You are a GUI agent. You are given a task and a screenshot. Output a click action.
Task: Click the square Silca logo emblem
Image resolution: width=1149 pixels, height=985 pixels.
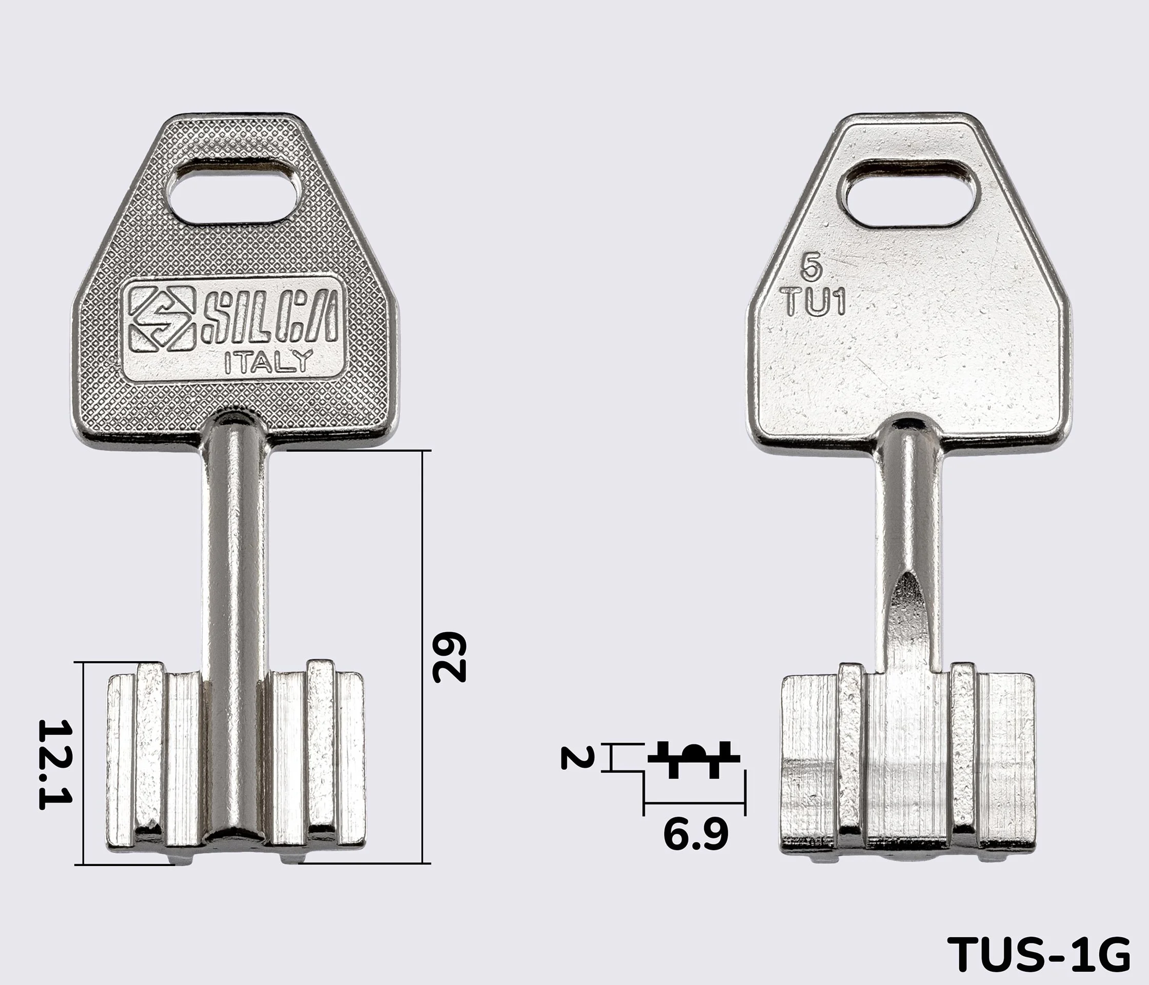(x=162, y=319)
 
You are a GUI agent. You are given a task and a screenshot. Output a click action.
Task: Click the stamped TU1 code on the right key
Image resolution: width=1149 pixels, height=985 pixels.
(x=815, y=302)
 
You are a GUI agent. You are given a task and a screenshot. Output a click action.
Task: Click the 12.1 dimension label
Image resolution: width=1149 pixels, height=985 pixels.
(x=55, y=765)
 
